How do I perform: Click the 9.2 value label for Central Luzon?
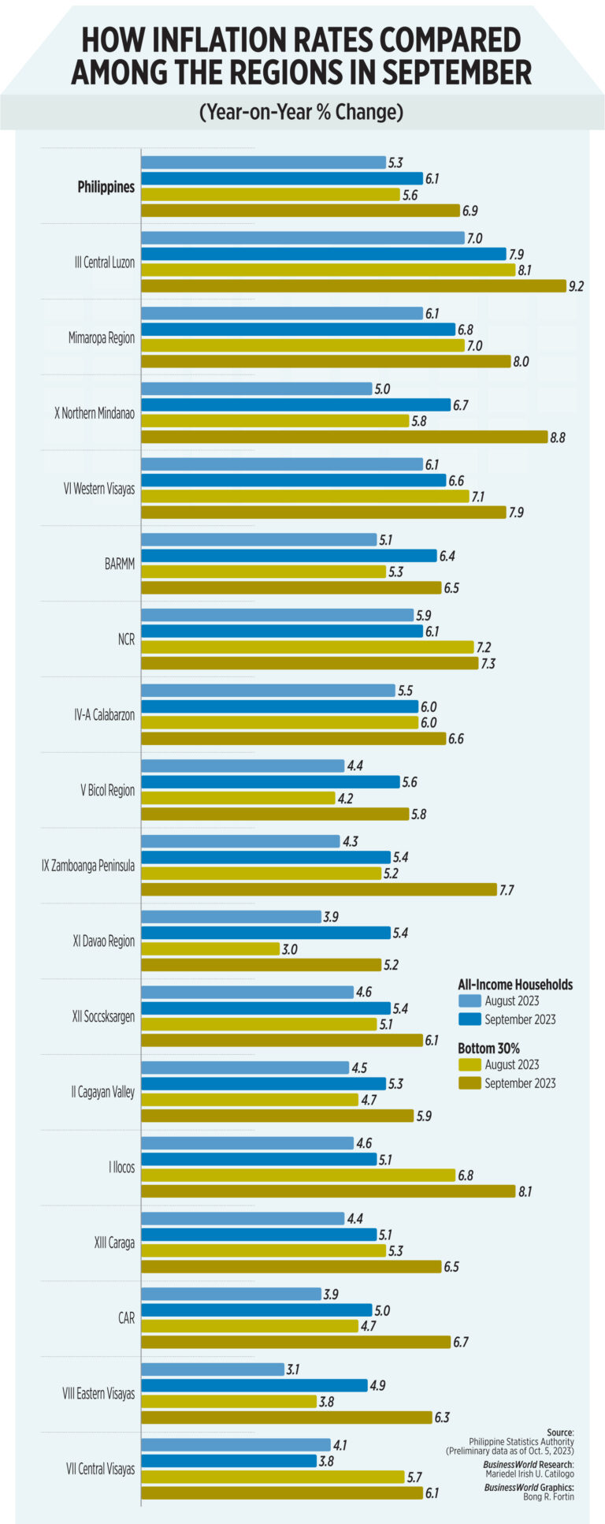(x=576, y=286)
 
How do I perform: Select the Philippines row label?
(x=106, y=188)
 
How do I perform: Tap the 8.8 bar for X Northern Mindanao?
(x=343, y=437)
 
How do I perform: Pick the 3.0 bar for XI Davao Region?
(x=210, y=949)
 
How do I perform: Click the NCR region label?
(x=125, y=640)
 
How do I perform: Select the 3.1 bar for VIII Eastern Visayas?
(x=213, y=1369)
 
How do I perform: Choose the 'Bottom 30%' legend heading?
(x=488, y=1049)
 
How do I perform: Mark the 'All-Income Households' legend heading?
(x=515, y=985)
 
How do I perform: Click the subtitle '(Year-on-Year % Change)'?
(x=302, y=112)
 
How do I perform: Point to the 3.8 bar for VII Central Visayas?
(x=228, y=1461)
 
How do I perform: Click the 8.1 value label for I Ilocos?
(x=524, y=1192)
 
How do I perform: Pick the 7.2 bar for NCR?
(x=307, y=647)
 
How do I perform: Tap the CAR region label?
(x=126, y=1318)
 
